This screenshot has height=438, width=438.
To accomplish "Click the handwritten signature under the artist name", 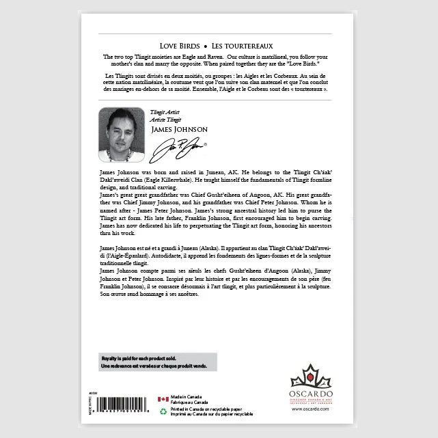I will point(180,146).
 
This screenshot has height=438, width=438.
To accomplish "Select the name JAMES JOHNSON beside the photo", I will point(179,128).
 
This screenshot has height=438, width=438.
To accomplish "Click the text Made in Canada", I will point(188,397).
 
